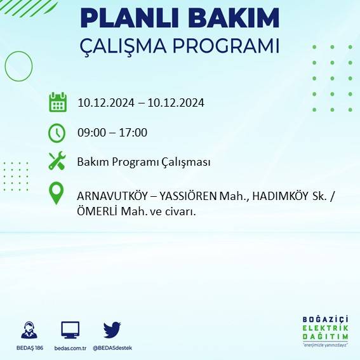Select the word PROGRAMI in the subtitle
(x=230, y=48)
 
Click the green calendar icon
(x=58, y=102)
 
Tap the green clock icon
(x=57, y=133)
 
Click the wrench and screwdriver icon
(x=57, y=162)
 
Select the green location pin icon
(x=57, y=194)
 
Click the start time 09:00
(x=91, y=133)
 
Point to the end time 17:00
(x=133, y=133)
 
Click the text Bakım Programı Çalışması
(x=143, y=163)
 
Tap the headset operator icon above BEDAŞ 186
(x=29, y=330)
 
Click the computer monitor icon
(x=70, y=330)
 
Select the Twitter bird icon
(x=112, y=330)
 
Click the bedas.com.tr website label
(x=70, y=348)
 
